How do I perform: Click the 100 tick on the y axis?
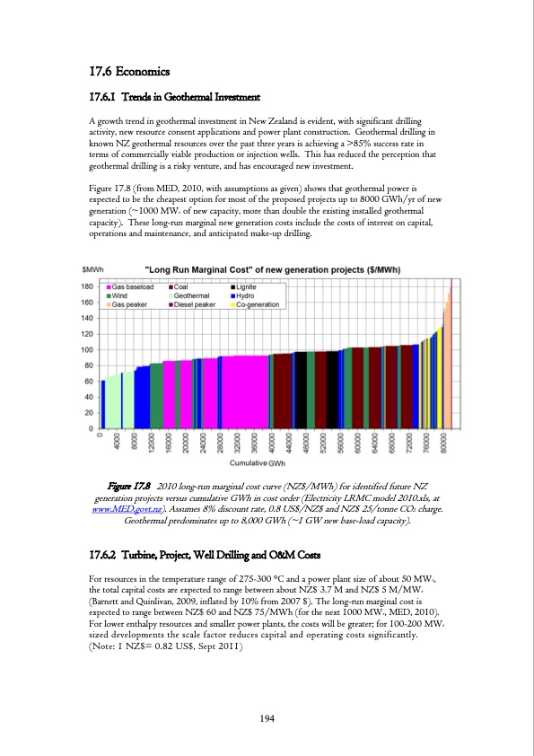point(88,349)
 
